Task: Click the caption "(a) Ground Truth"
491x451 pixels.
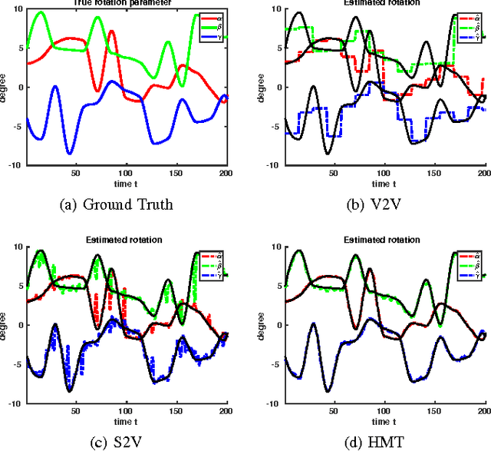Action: pos(126,205)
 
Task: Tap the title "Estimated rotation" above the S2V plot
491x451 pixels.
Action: pos(127,239)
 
